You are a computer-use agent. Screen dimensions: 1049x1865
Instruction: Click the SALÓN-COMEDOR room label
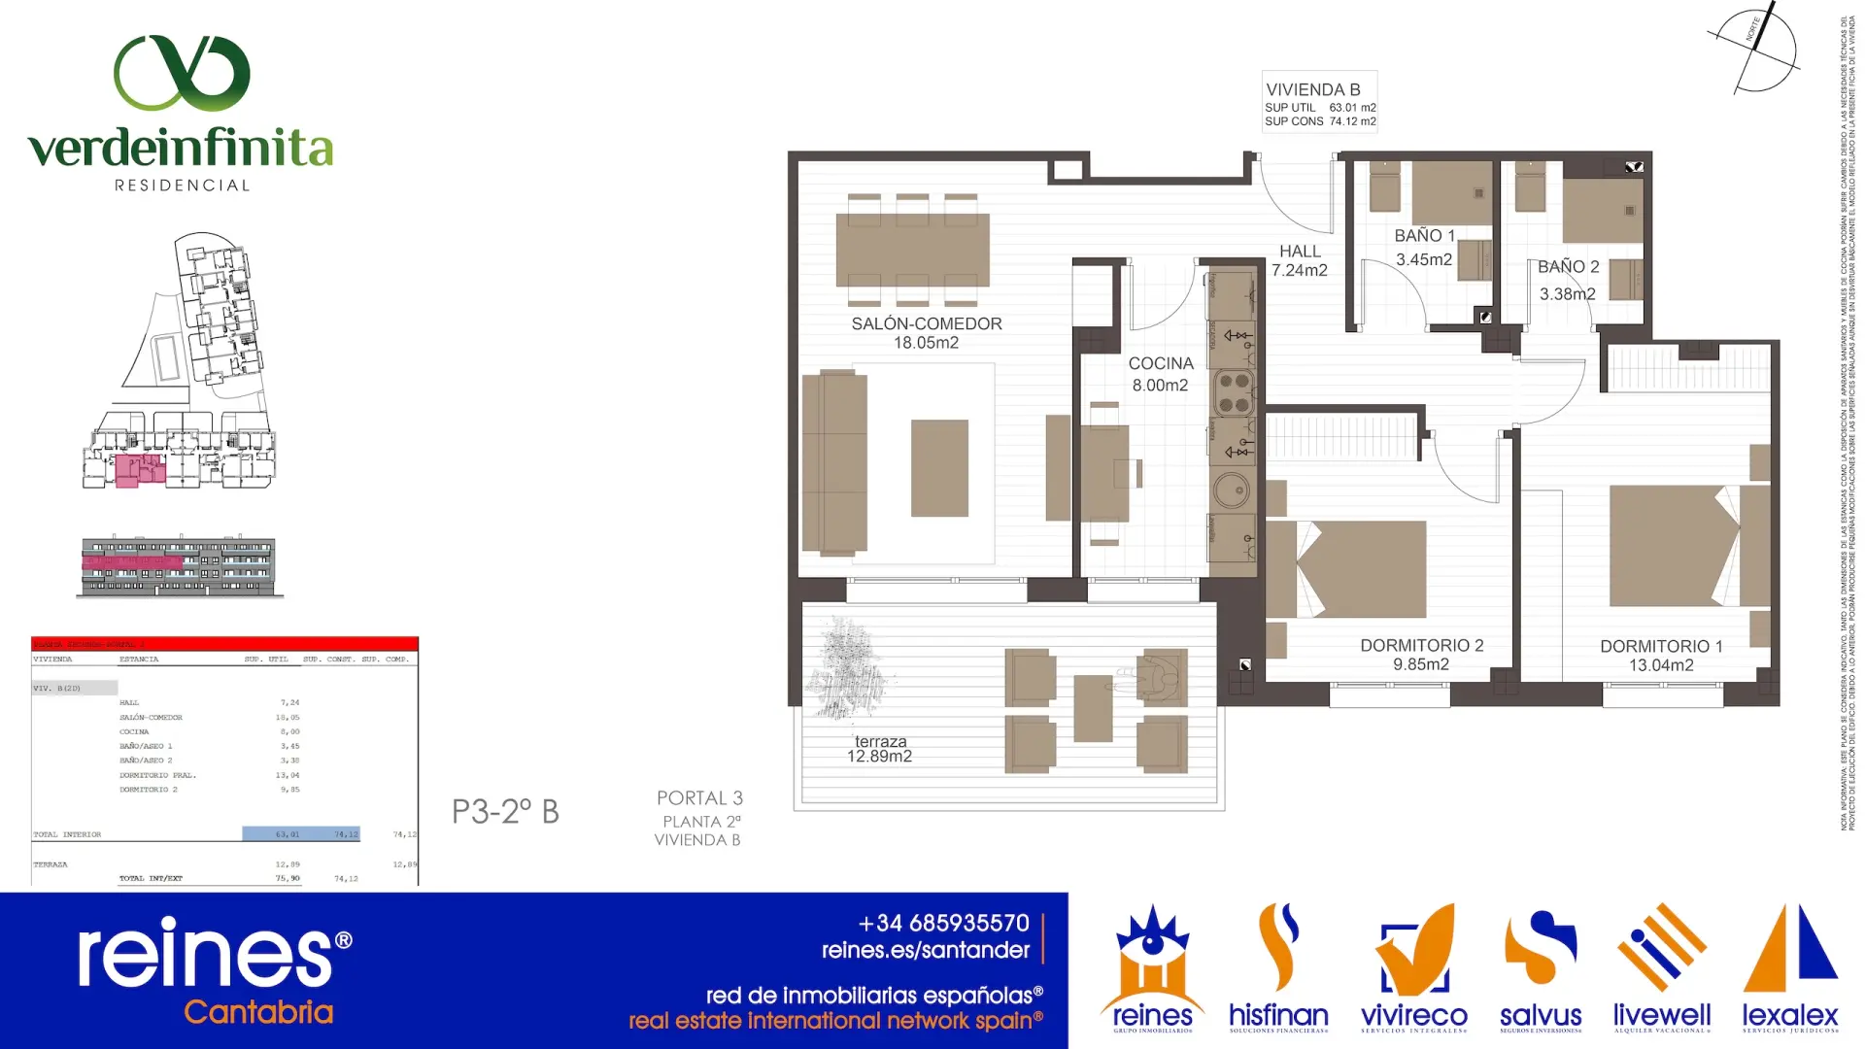(926, 324)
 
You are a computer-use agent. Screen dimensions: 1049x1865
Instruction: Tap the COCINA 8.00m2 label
(1160, 374)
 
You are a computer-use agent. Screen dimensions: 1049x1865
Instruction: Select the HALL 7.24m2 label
(1300, 260)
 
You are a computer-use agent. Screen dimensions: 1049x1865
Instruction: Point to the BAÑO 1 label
(1424, 236)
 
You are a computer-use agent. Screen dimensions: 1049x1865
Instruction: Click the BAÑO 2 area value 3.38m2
(1567, 294)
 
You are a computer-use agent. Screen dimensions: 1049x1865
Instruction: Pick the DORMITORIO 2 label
(1421, 646)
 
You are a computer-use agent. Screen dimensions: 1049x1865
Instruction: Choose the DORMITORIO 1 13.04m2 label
(1661, 656)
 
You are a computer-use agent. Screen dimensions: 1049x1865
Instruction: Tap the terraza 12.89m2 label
(880, 749)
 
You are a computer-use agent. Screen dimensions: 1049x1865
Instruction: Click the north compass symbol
(1756, 49)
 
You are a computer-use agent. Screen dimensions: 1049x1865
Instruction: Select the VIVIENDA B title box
(1320, 101)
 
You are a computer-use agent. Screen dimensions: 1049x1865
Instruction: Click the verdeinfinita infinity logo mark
(182, 73)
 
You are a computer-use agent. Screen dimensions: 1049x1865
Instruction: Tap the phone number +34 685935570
(943, 923)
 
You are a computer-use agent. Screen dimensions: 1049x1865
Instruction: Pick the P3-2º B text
(505, 812)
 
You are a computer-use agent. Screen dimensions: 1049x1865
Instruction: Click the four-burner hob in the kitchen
(1234, 392)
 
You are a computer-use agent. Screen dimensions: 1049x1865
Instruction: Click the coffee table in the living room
(939, 468)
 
